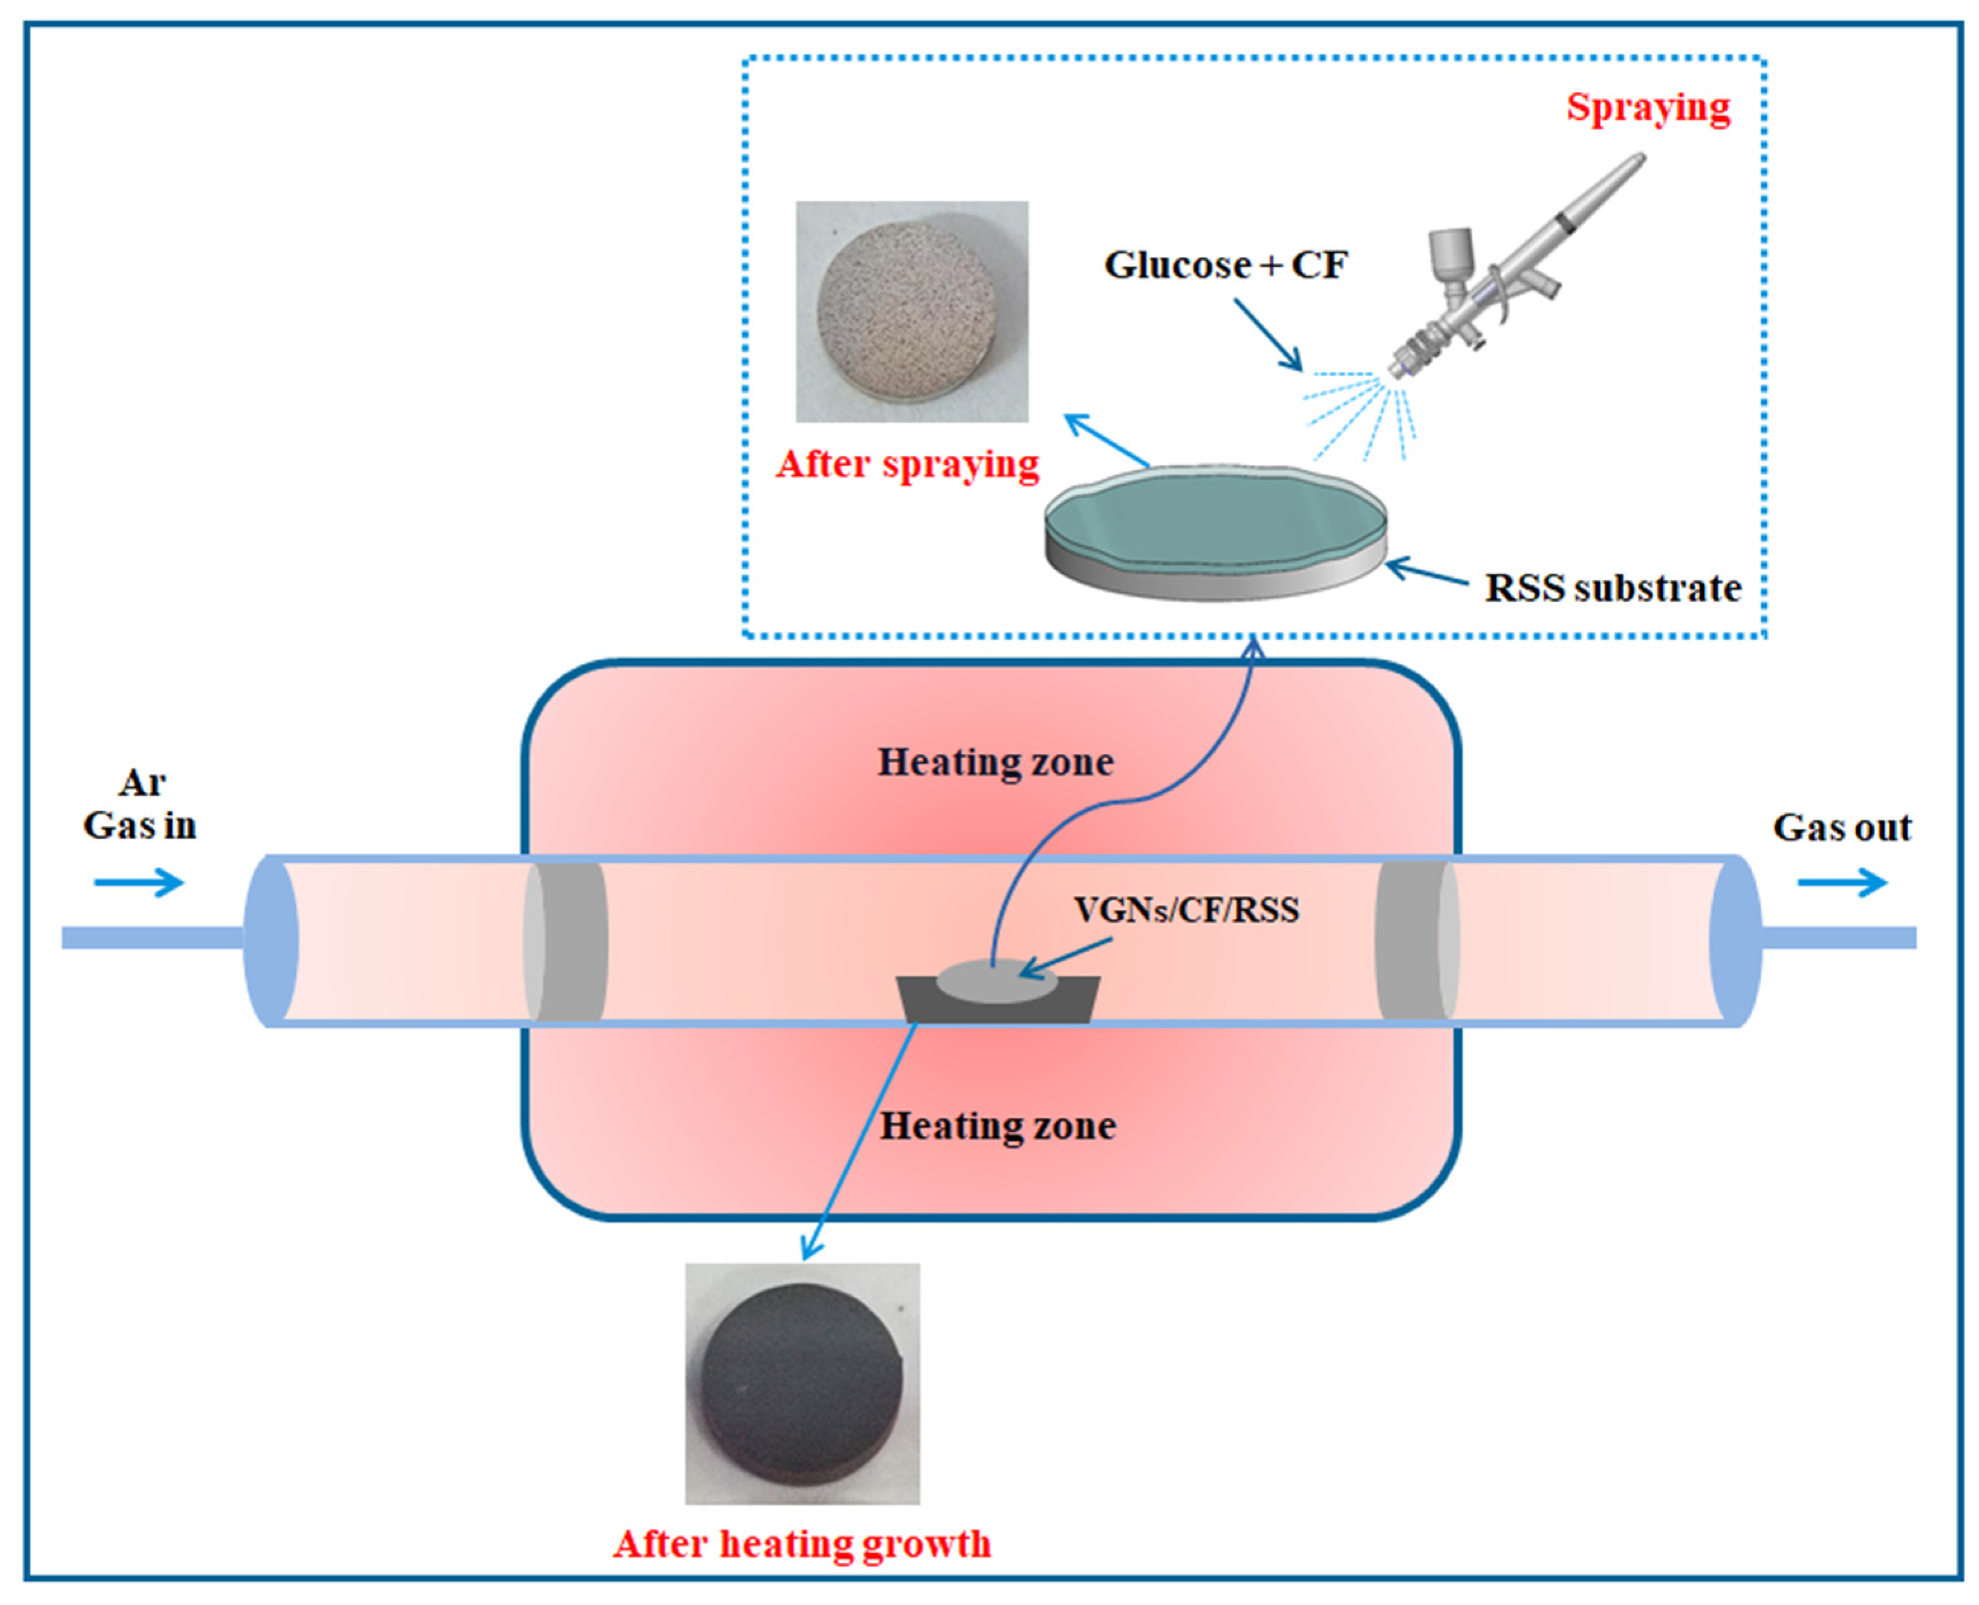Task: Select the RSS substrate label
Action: coord(1612,588)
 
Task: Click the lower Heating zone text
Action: coord(997,1126)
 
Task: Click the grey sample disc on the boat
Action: coord(996,982)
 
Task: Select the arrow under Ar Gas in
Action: coord(139,882)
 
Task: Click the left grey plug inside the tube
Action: coord(565,941)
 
